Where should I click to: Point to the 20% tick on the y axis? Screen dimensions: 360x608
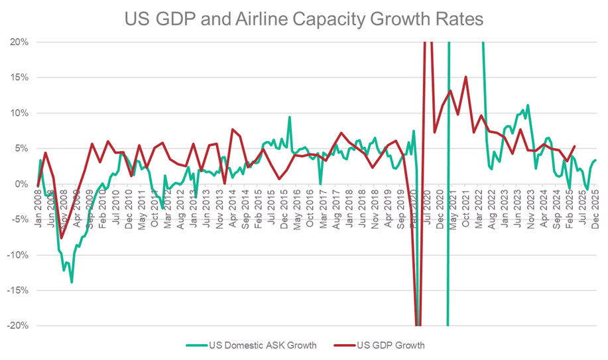coord(17,42)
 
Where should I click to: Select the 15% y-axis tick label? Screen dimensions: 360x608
coord(17,77)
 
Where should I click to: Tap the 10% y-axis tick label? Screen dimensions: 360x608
coord(17,113)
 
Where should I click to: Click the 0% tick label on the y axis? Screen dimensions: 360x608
coord(20,184)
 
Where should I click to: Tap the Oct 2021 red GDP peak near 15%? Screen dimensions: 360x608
coord(466,77)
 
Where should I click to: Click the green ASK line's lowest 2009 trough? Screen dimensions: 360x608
coord(72,282)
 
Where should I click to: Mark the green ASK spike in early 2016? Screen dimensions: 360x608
coord(289,117)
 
